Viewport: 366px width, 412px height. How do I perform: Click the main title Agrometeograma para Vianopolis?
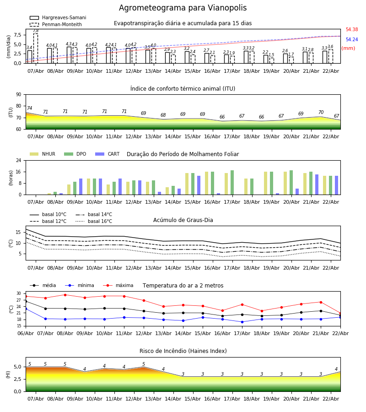pos(183,8)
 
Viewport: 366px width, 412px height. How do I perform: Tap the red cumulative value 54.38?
pos(351,30)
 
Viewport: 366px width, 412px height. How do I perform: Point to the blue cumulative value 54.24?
pos(351,40)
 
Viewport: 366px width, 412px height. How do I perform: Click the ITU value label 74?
pos(29,108)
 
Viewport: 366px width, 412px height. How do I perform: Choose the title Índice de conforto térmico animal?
pos(183,89)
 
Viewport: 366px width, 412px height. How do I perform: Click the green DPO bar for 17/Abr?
pos(232,183)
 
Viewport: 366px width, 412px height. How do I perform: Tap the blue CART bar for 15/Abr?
pos(199,185)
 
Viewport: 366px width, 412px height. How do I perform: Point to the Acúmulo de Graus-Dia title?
pos(183,220)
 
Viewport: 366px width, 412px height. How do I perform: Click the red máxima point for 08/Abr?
pos(65,295)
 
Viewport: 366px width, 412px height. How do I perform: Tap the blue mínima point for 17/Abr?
pos(242,322)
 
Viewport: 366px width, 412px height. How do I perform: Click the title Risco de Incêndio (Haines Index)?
pos(183,351)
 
